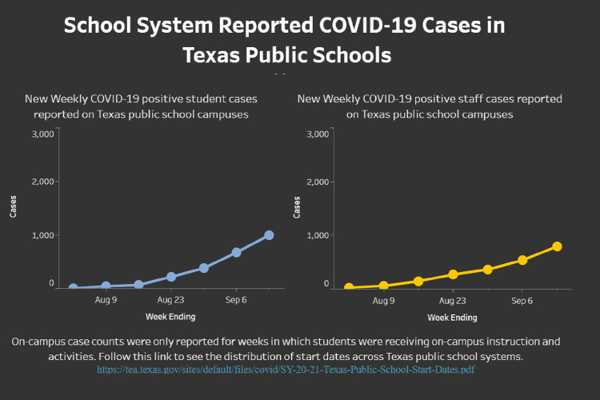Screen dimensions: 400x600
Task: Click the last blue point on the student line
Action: (269, 235)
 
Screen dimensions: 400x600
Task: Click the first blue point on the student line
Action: (73, 287)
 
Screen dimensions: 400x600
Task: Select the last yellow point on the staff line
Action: (557, 246)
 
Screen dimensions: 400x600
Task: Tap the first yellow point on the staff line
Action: (349, 287)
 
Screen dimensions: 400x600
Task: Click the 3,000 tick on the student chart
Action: (42, 134)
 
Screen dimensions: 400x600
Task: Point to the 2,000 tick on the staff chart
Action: (318, 182)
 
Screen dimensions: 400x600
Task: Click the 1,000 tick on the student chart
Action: (42, 235)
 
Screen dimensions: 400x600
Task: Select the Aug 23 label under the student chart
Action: (171, 301)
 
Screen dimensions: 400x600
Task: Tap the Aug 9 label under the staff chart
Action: (384, 301)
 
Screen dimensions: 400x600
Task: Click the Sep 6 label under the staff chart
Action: (522, 301)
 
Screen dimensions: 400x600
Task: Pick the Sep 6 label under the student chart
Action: (236, 301)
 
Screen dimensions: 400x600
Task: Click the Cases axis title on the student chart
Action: (14, 206)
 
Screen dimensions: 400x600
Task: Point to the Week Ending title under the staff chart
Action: (452, 318)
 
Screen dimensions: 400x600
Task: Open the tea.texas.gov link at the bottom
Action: (291, 370)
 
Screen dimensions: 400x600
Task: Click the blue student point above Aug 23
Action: (171, 277)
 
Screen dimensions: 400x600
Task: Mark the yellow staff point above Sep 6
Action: (522, 260)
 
